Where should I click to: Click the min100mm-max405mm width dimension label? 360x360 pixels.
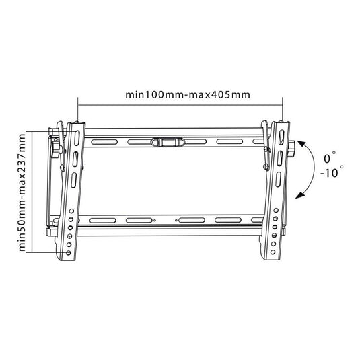pos(188,95)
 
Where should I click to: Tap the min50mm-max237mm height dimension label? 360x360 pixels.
pos(22,192)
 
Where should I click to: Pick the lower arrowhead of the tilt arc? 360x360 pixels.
pos(299,195)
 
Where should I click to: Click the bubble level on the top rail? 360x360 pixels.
pos(167,142)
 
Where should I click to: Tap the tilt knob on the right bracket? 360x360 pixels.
pos(291,149)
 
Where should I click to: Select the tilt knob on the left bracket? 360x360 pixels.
pos(55,149)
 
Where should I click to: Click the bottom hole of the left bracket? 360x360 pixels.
pos(68,253)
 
